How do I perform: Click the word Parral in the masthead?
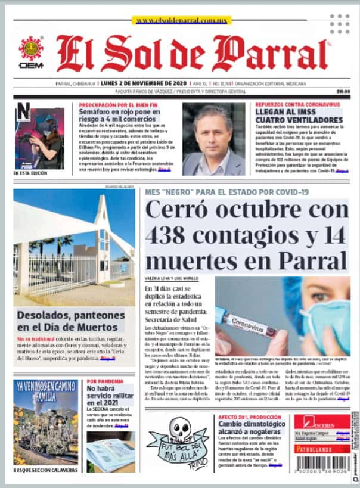click(275, 54)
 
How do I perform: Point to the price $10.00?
click(343, 91)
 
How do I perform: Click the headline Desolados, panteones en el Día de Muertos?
click(70, 321)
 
